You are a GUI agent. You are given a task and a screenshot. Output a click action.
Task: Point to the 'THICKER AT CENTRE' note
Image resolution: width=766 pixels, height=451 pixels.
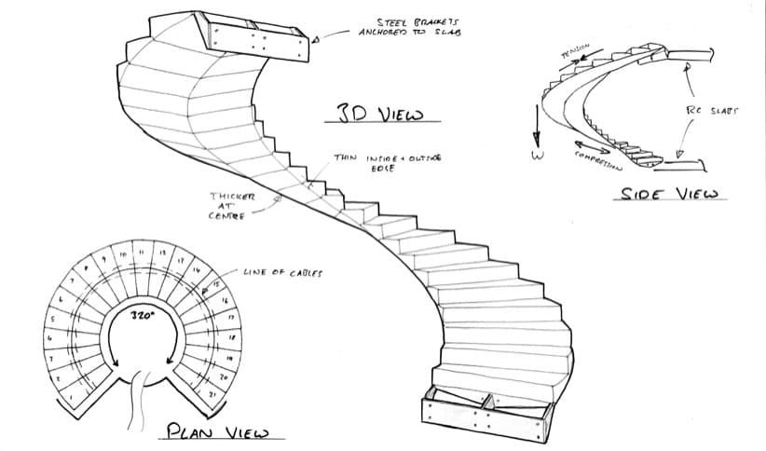pyautogui.click(x=228, y=206)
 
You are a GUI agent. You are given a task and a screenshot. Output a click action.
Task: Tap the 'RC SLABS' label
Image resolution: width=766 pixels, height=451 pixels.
pyautogui.click(x=711, y=110)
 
